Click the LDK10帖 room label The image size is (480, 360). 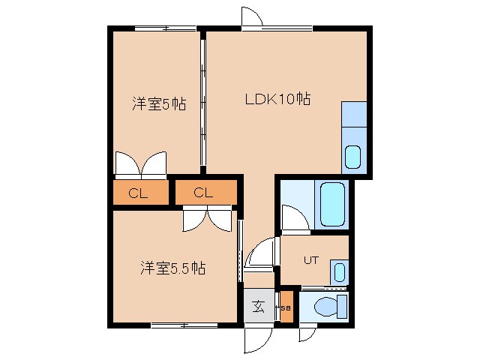pos(277,98)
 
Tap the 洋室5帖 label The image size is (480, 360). pos(159,104)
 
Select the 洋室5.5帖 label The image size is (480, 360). pos(173,267)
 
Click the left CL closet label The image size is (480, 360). pos(139,193)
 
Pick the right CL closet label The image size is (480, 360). pos(203,193)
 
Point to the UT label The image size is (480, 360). pos(311,260)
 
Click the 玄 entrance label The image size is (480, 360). pos(258,306)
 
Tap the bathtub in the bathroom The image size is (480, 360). pos(331,204)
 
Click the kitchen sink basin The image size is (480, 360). pos(352,157)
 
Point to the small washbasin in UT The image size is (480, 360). pos(340,271)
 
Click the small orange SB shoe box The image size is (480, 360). pos(286,307)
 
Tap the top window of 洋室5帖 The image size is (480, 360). pos(166,28)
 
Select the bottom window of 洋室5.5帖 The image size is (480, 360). pos(180,325)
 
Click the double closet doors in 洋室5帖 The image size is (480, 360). pos(141,163)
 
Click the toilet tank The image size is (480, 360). pos(342,306)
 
